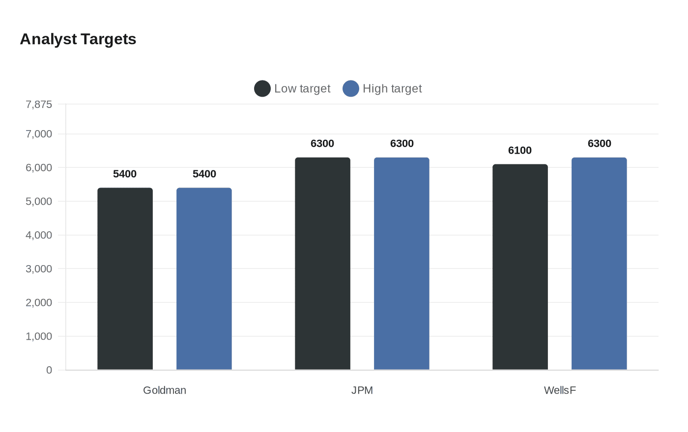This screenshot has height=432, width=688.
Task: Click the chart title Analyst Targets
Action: [78, 39]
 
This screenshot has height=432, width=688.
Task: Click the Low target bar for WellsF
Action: [520, 267]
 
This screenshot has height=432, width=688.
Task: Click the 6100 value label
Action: [520, 151]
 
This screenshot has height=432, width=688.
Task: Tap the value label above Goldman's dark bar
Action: [125, 174]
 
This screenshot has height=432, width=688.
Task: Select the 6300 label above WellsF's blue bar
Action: [600, 144]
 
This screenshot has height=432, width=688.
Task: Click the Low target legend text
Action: [302, 89]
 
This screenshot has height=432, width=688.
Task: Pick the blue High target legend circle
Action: [351, 89]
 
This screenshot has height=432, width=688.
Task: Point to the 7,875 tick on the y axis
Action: [39, 105]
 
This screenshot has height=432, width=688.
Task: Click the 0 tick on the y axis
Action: [49, 370]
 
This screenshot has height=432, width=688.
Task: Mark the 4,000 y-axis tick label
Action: [39, 235]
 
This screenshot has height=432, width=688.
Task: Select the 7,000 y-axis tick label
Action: [39, 134]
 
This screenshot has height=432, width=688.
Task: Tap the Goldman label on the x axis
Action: [165, 390]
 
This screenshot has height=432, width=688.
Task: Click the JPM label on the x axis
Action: [362, 390]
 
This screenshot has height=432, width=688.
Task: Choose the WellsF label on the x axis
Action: [560, 390]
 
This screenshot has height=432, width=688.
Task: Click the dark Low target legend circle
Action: [262, 89]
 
